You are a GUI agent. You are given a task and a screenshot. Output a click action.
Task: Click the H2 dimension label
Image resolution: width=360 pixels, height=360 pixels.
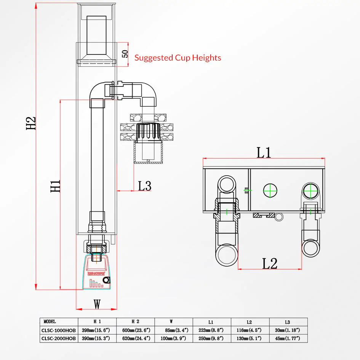click(x=31, y=123)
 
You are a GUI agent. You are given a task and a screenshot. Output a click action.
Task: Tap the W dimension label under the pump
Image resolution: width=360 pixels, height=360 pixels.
click(x=98, y=304)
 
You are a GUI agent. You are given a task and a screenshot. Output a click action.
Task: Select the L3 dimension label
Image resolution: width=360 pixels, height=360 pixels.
click(x=145, y=186)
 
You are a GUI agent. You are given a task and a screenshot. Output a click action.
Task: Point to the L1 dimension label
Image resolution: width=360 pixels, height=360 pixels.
click(x=264, y=152)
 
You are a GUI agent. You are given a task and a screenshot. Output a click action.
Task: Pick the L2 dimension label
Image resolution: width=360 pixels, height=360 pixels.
click(x=270, y=263)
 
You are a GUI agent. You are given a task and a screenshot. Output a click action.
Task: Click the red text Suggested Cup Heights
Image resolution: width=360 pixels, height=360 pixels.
click(x=178, y=58)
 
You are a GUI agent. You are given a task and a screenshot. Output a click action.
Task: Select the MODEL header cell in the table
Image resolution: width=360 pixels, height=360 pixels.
click(x=50, y=322)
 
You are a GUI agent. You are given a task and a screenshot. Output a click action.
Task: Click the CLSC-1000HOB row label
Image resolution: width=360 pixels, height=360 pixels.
click(x=59, y=330)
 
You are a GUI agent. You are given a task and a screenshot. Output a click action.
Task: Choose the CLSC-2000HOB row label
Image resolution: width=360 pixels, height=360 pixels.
click(x=59, y=338)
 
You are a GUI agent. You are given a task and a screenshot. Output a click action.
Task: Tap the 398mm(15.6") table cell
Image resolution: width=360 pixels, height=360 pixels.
click(x=97, y=330)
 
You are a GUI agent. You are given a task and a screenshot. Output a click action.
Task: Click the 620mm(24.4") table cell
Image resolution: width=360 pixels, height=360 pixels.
click(x=135, y=338)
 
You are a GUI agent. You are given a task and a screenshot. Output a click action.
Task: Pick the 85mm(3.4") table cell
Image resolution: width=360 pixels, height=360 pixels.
click(x=174, y=330)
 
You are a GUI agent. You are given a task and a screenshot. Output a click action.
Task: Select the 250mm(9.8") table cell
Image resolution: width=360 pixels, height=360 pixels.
click(x=212, y=338)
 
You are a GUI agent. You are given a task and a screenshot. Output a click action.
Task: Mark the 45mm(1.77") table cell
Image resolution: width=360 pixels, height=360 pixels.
click(x=288, y=338)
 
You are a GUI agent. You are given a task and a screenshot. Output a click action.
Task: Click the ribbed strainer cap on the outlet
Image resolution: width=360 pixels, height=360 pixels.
click(x=147, y=132)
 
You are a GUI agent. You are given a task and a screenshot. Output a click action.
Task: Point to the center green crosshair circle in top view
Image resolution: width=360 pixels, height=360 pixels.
click(x=270, y=190)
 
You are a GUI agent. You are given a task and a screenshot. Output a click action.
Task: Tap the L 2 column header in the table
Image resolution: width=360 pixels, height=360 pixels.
click(x=250, y=322)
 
